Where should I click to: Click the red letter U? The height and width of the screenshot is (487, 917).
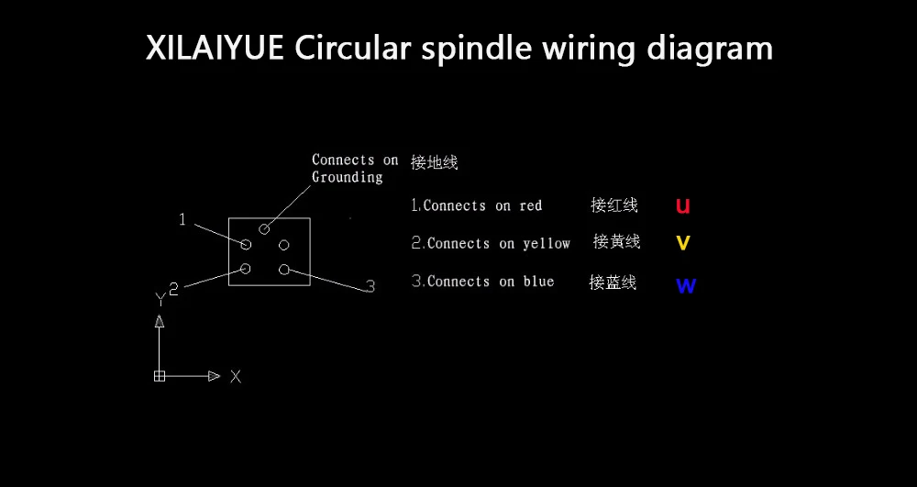[x=683, y=205]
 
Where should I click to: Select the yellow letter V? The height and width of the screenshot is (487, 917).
[x=683, y=243]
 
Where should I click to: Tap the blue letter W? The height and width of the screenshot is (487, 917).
[x=686, y=285]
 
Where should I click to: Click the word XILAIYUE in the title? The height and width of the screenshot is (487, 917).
[x=215, y=48]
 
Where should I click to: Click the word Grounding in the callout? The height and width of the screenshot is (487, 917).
[x=348, y=177]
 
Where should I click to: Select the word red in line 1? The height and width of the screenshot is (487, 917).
[x=531, y=206]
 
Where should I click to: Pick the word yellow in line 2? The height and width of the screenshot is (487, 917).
[x=547, y=244]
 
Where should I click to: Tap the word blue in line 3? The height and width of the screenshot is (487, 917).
[x=539, y=282]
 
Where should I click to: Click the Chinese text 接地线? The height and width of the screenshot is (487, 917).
[x=435, y=162]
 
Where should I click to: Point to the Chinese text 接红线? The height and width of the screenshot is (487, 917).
[x=614, y=205]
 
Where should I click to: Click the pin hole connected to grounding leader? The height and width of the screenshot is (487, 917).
[x=264, y=228]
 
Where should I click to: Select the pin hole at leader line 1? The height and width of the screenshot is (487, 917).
[x=246, y=244]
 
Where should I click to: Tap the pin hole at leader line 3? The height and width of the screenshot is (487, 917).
[x=284, y=269]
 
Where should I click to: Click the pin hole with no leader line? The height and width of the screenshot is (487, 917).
[x=284, y=245]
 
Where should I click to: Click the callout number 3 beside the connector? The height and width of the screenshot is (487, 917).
[x=370, y=287]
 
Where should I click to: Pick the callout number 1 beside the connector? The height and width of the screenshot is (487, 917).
[x=182, y=219]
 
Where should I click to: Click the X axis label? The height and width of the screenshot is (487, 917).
[x=236, y=376]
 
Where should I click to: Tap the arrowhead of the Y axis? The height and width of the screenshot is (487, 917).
[x=160, y=320]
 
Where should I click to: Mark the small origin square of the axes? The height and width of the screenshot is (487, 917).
[x=160, y=376]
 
